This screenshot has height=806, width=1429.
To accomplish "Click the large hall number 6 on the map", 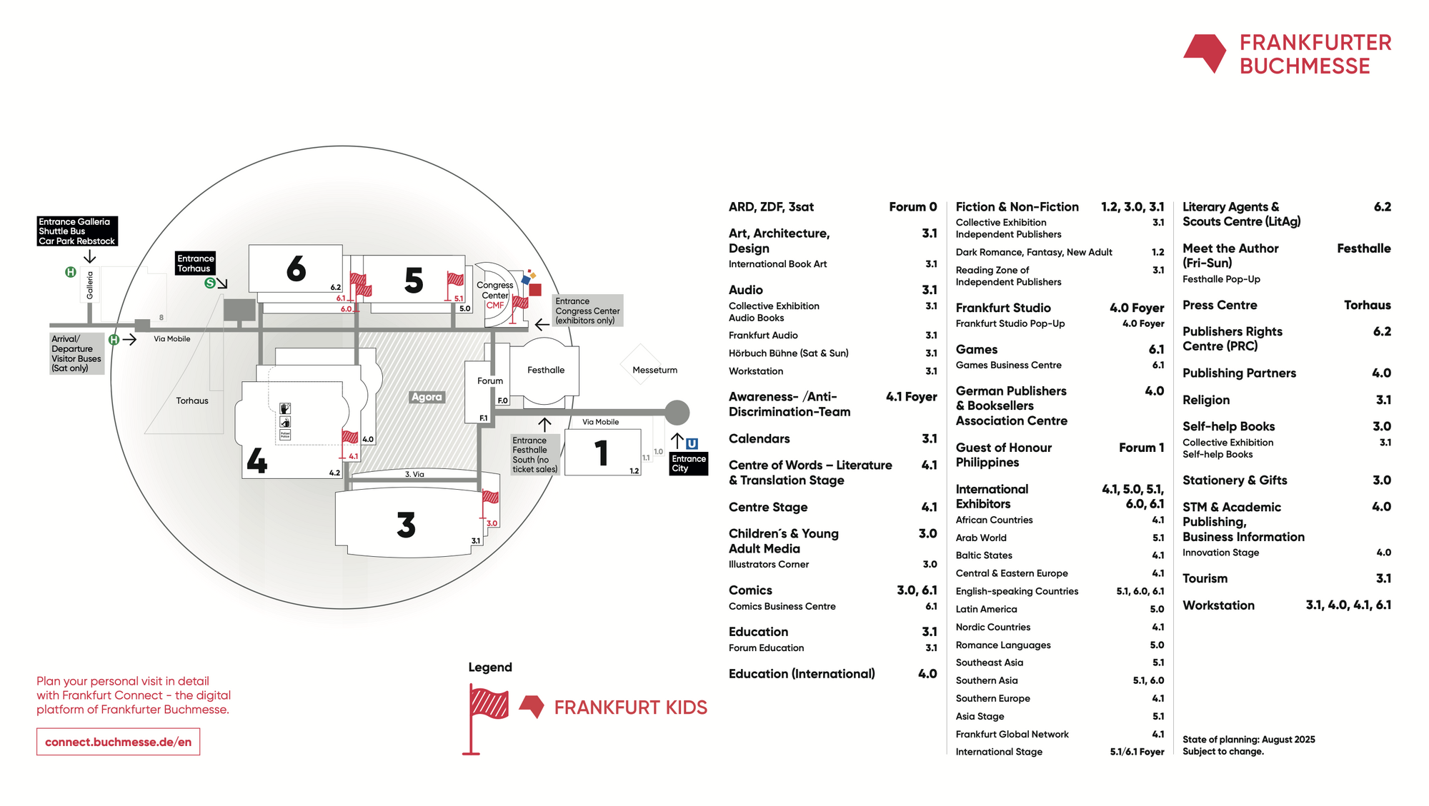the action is [297, 269].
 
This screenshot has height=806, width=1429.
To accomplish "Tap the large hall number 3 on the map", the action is [407, 525].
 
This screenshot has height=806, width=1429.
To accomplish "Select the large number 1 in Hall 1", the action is [602, 453].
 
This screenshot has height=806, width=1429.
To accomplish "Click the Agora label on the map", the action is [427, 397].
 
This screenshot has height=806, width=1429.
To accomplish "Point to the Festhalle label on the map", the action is [546, 370].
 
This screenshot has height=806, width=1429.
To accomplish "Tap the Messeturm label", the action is [654, 370].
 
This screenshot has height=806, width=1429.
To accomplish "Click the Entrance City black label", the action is [689, 463].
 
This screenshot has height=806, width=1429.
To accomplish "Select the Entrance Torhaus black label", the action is [196, 263].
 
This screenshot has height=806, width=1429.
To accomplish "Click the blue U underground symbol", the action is [692, 443].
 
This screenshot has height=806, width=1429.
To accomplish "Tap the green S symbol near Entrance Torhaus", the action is [209, 283].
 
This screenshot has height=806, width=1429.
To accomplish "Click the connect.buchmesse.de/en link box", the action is [119, 742].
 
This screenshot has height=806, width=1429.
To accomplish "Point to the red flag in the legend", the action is [487, 717].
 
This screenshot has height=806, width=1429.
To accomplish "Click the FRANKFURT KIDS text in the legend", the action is [631, 707].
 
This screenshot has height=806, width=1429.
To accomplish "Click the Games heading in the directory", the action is [977, 349].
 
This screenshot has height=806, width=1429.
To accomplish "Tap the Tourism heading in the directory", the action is [1205, 578].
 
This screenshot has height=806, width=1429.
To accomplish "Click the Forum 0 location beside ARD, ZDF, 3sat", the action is [912, 207].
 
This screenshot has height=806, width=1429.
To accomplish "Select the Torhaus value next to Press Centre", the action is [1367, 305].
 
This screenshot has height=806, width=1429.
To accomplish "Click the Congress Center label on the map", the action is [495, 290].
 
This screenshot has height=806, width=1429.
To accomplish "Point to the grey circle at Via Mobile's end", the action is [677, 412].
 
